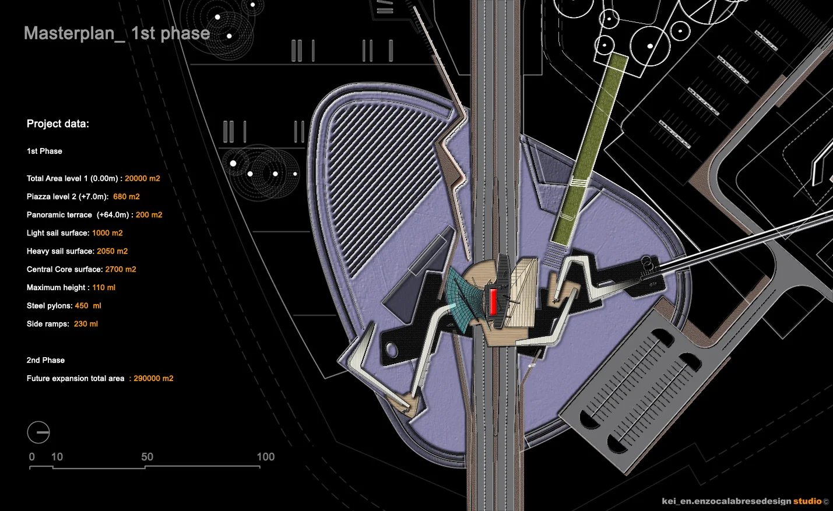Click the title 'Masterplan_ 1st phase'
[x=117, y=33]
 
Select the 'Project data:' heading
[x=58, y=124]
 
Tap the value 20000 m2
[x=142, y=178]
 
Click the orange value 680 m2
[x=126, y=196]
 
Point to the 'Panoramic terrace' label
[x=59, y=215]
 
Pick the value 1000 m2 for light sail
[x=107, y=233]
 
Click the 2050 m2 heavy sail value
[x=113, y=251]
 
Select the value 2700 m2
[x=121, y=269]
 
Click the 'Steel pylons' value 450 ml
[x=88, y=306]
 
